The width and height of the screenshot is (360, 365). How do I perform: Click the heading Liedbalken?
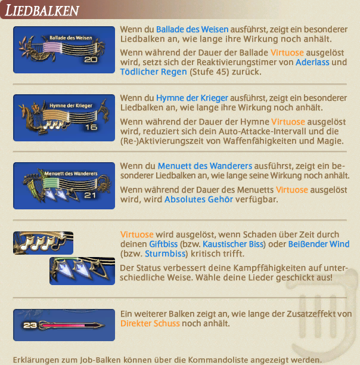[x=42, y=11]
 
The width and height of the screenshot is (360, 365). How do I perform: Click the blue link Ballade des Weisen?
[x=192, y=29]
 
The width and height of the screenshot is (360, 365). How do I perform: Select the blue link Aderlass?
[x=312, y=62]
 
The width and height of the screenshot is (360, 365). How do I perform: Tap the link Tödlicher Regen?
[x=154, y=72]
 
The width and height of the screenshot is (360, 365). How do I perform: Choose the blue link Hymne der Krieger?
[x=192, y=98]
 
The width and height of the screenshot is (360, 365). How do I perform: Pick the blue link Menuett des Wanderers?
[x=205, y=166]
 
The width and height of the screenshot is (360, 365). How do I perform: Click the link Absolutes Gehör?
[x=198, y=199]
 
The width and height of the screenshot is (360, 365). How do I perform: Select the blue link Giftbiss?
[x=163, y=244]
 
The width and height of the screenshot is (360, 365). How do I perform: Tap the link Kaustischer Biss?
[x=233, y=244]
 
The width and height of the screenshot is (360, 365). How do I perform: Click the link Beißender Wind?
[x=319, y=244]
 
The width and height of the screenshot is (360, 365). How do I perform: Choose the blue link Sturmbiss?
[x=165, y=253]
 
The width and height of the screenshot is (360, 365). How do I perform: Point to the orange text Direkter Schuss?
[x=150, y=323]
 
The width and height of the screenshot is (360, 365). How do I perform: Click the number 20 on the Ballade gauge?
[x=91, y=60]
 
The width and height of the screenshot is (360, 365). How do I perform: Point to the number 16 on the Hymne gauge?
[x=91, y=127]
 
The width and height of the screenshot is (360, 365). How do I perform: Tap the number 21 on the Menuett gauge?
[x=90, y=195]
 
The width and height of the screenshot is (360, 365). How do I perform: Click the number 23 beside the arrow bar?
[x=30, y=325]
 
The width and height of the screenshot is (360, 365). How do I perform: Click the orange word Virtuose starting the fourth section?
[x=136, y=234]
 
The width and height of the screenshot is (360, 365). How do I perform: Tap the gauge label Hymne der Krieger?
[x=71, y=106]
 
